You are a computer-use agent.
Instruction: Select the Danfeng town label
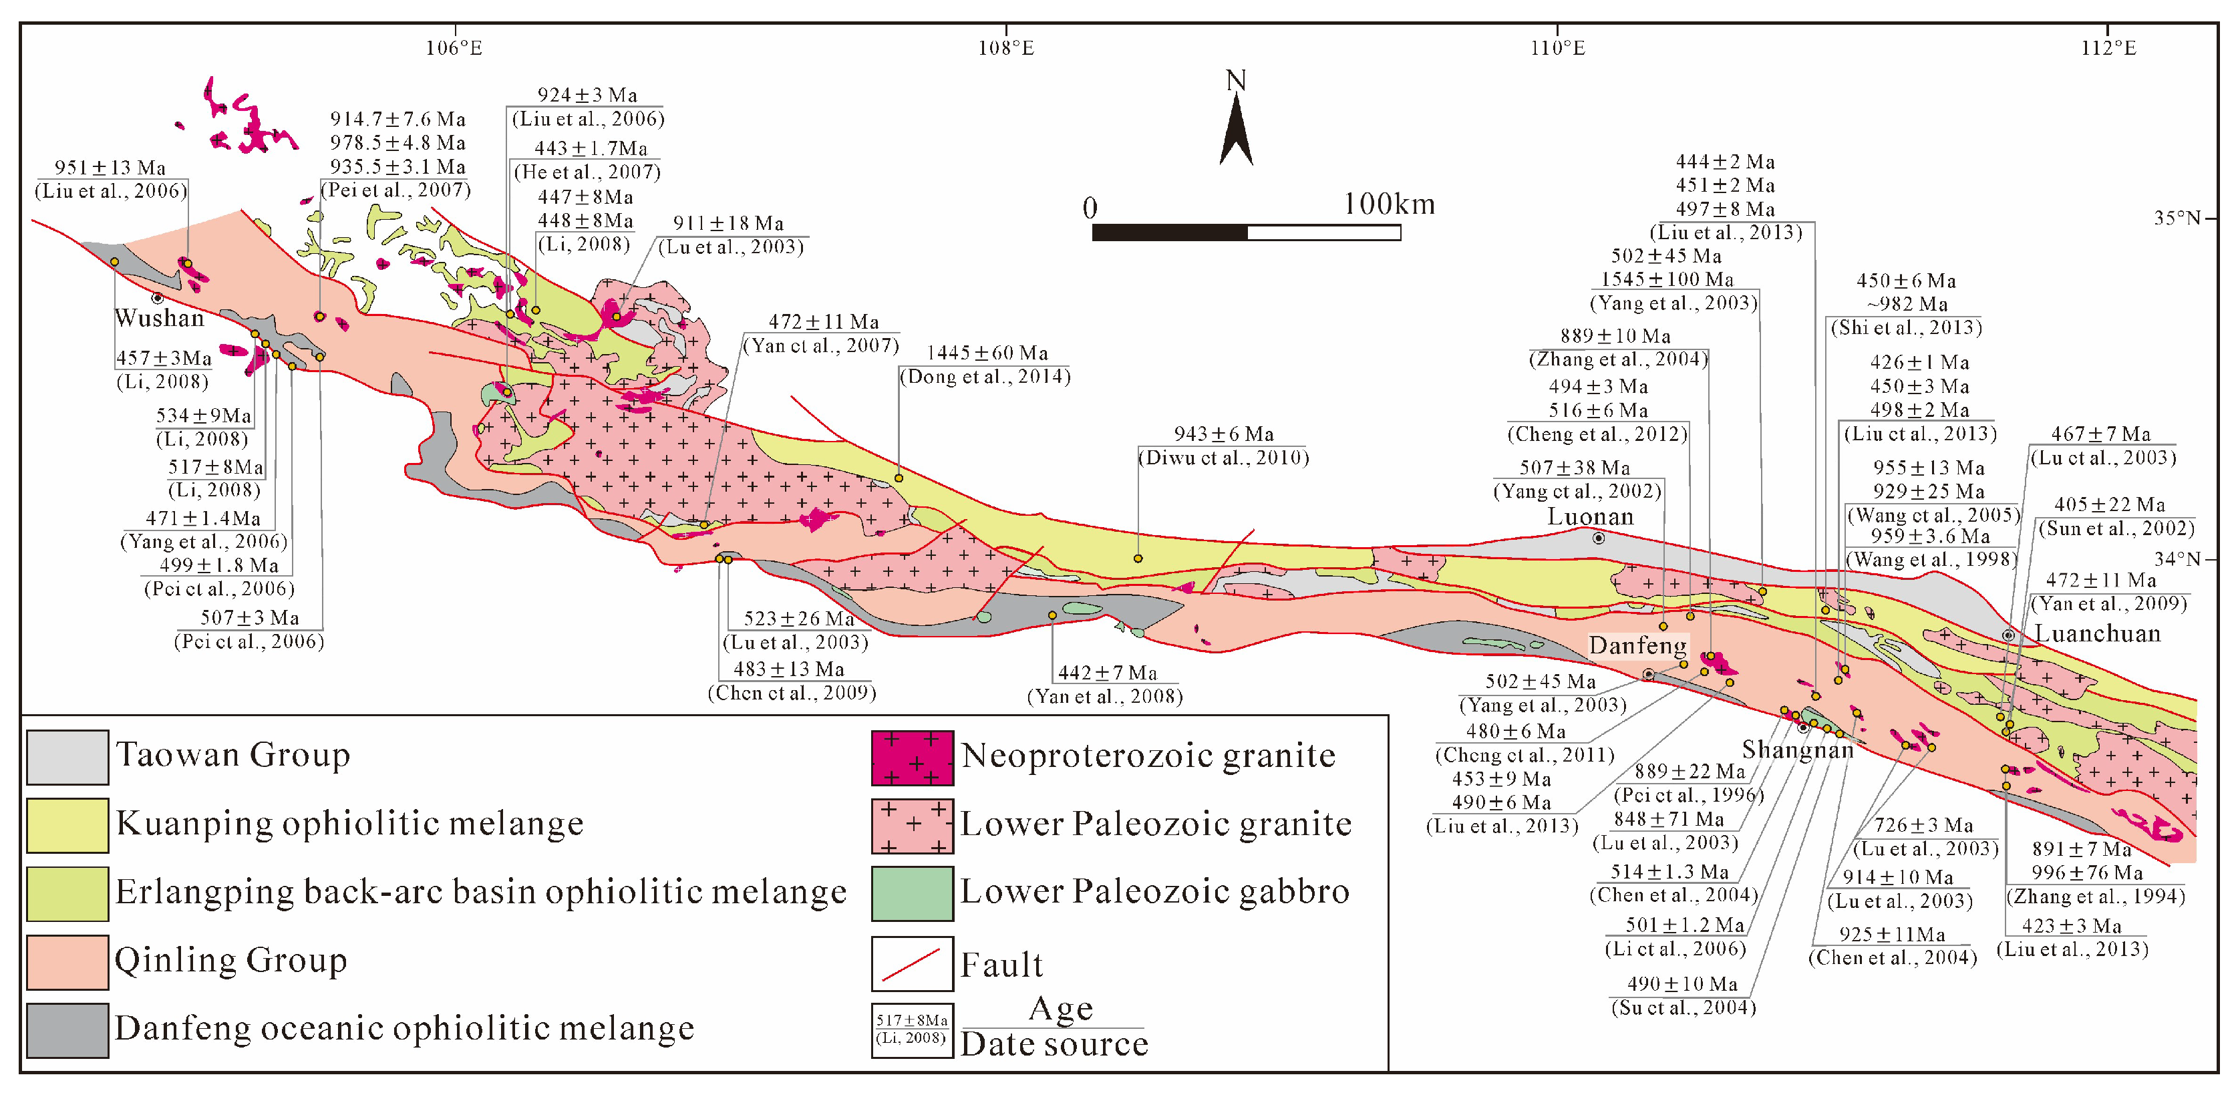click(1637, 645)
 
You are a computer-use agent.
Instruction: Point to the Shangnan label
click(1797, 749)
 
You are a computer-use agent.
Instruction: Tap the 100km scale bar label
click(1389, 204)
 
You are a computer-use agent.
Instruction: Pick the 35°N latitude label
click(2177, 218)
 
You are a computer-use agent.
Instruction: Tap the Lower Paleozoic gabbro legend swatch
click(912, 893)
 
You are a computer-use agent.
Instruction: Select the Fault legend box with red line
click(912, 963)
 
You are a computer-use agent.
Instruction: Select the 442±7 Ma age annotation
click(1107, 672)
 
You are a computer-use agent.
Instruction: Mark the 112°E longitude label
click(2108, 48)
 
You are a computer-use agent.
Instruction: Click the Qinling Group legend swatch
click(68, 961)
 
